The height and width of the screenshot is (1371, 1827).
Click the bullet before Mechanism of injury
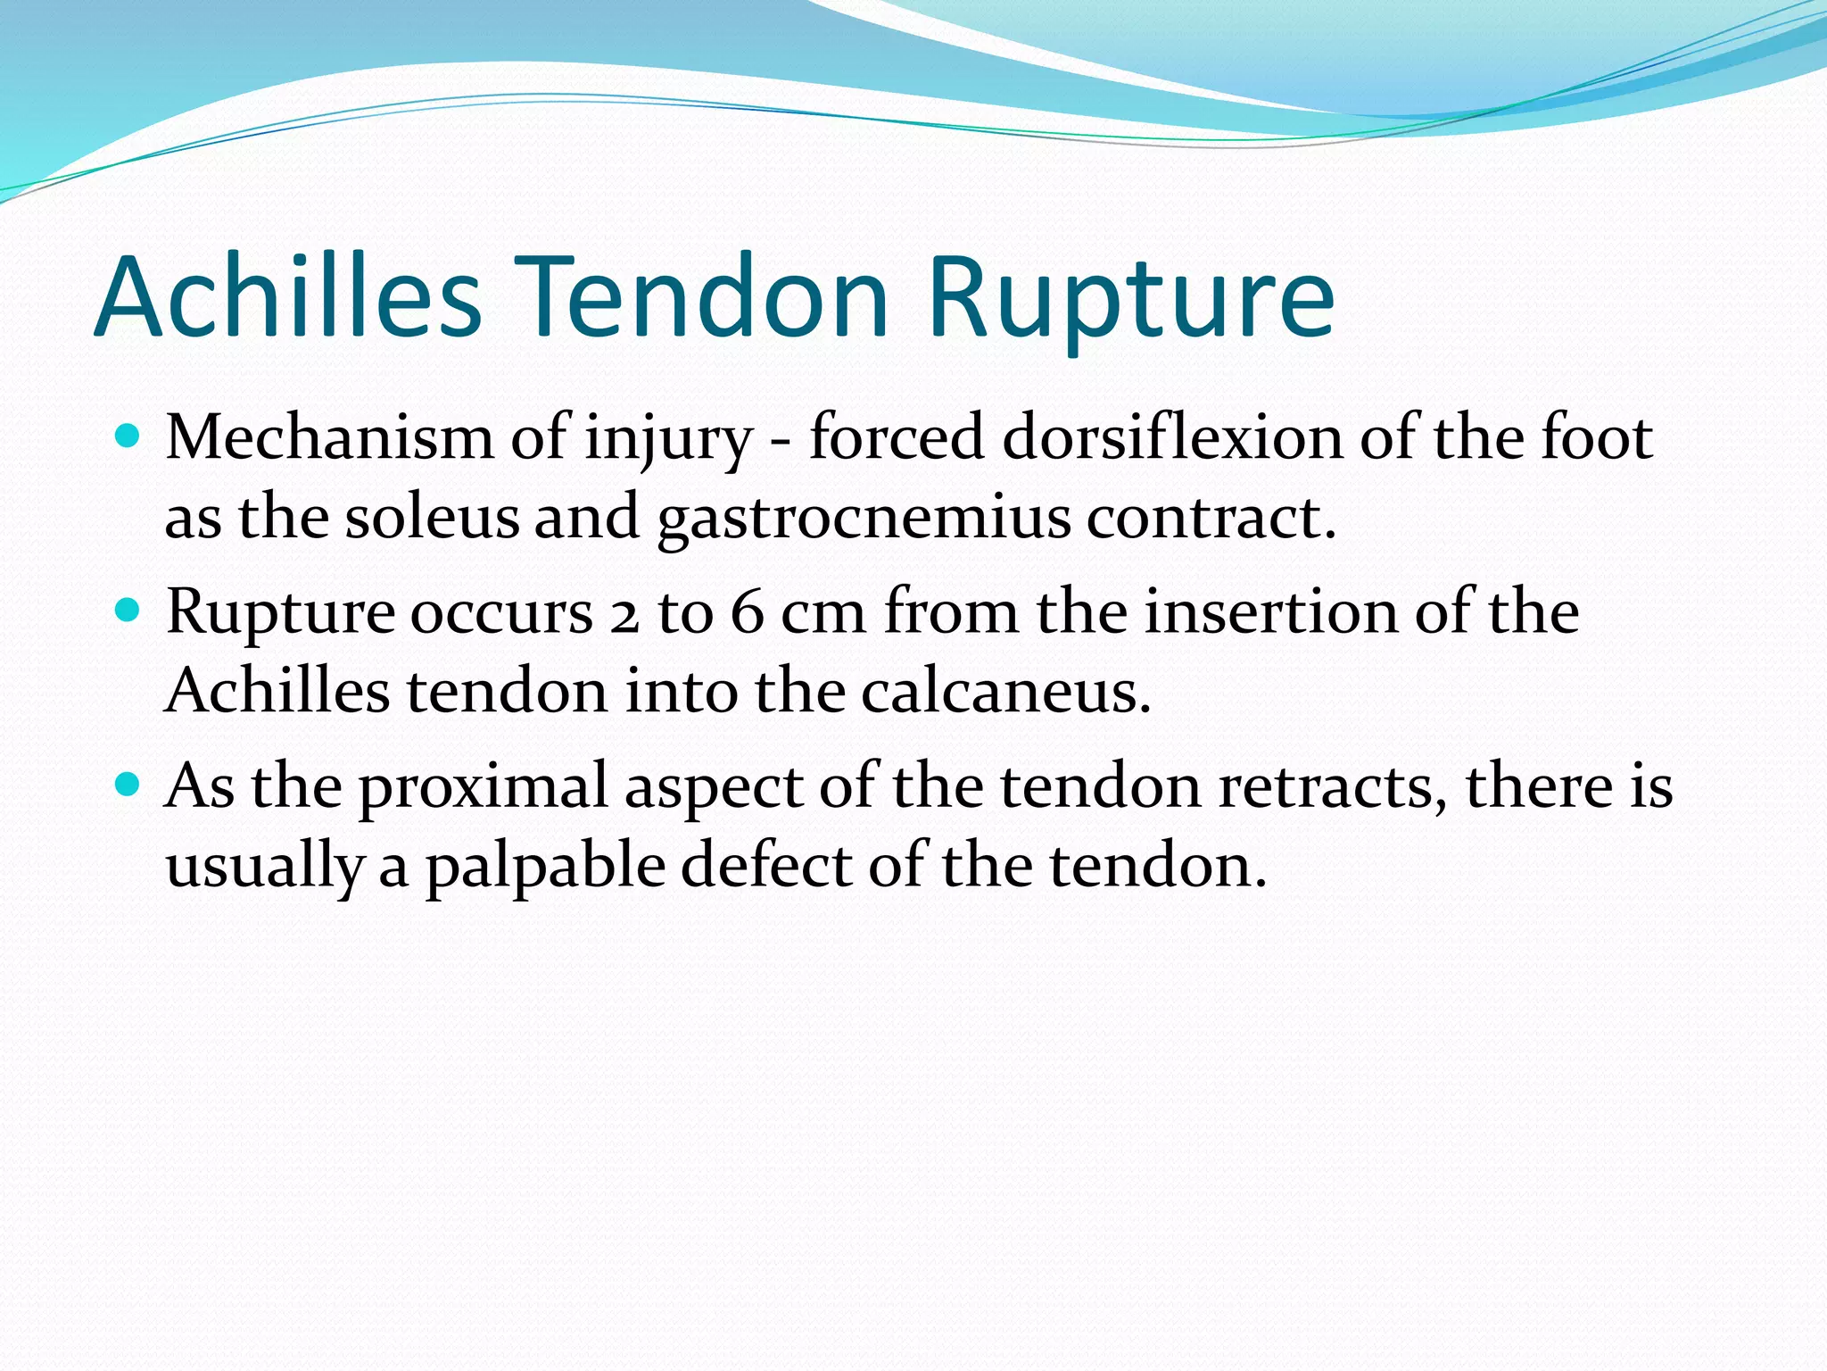129,436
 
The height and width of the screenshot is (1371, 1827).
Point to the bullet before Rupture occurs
129,611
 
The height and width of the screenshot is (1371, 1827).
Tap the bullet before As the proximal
129,785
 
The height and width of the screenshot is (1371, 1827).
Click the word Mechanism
330,438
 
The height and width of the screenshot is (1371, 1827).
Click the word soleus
432,519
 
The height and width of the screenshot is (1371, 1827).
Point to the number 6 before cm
747,613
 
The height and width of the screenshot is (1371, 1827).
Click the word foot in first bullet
1597,438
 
